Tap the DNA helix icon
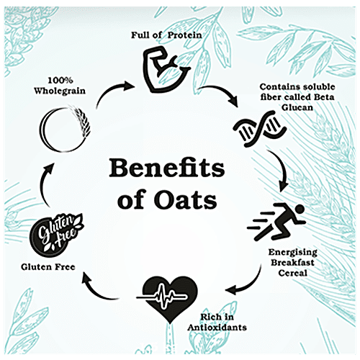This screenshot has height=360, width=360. pyautogui.click(x=260, y=129)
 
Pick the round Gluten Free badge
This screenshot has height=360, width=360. pyautogui.click(x=55, y=235)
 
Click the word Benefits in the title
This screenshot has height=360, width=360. pyautogui.click(x=167, y=168)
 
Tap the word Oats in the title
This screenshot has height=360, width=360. pyautogui.click(x=185, y=200)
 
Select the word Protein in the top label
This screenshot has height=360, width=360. pyautogui.click(x=184, y=35)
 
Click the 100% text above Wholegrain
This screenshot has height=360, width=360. pyautogui.click(x=60, y=81)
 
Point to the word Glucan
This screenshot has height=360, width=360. pyautogui.click(x=297, y=107)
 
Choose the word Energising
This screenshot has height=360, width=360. pyautogui.click(x=293, y=253)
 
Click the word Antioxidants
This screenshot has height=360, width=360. pyautogui.click(x=217, y=328)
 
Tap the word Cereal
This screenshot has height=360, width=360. pyautogui.click(x=293, y=273)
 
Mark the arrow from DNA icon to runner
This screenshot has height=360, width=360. pyautogui.click(x=283, y=168)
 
